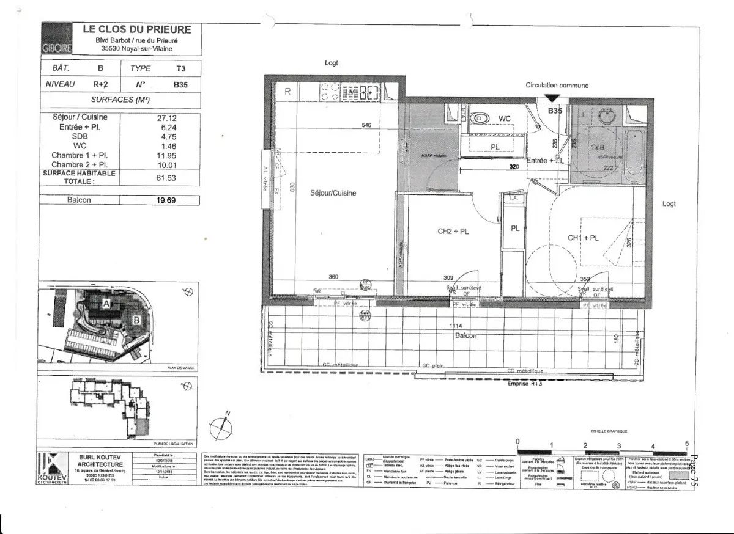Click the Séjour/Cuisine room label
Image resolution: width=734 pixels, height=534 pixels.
coord(332,193)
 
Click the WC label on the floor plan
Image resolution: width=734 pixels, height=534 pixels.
coord(505,118)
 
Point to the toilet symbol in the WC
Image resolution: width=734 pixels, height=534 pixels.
coord(480,117)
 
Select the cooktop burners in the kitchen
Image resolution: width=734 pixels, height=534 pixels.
coord(330,93)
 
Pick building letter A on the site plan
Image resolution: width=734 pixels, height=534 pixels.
coord(105,303)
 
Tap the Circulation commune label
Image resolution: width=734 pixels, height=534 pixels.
coord(557,86)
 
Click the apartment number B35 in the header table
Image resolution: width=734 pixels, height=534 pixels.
coord(180,85)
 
